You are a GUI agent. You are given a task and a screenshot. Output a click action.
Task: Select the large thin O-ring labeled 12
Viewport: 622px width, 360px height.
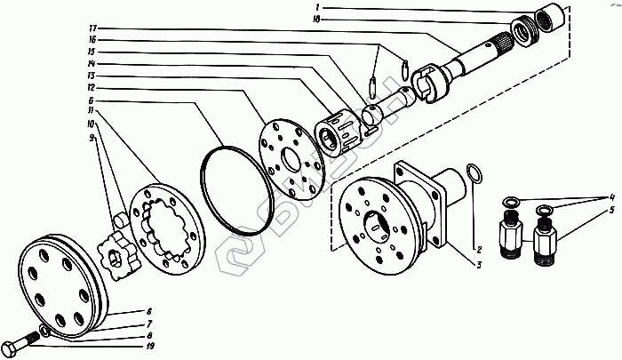pos(234,190)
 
